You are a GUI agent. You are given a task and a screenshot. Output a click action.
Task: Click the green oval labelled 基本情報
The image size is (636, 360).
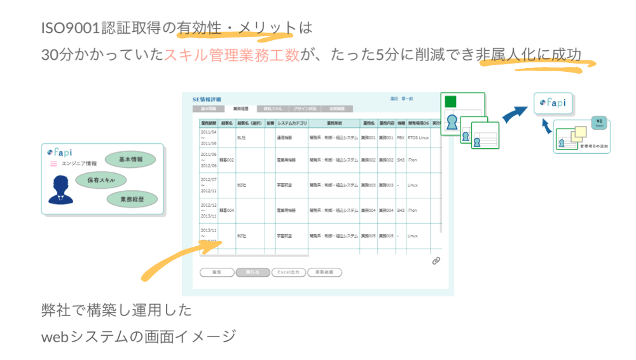pos(130,159)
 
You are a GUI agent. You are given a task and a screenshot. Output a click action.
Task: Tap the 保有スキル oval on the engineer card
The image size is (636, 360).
pos(101,180)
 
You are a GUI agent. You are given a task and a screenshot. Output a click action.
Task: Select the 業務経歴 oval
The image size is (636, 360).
pos(132,199)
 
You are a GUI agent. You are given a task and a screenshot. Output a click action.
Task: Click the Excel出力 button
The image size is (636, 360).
pos(289,272)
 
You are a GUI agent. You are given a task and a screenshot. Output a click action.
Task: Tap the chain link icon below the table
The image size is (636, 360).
pos(436,261)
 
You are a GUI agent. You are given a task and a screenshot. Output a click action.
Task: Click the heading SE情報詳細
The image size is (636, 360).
pos(207,100)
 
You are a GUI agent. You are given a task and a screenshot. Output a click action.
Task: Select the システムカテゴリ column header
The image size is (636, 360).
pos(292,123)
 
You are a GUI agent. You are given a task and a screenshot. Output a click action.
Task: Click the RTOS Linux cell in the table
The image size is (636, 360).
pos(418,137)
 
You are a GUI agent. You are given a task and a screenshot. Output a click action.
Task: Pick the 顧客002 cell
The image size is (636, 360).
pos(227,160)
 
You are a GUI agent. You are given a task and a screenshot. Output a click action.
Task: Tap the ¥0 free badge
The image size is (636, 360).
pos(598,122)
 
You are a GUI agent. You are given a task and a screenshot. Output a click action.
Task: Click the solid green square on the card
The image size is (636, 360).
pos(451,102)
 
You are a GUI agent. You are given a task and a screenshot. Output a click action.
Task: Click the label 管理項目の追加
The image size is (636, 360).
pos(593,146)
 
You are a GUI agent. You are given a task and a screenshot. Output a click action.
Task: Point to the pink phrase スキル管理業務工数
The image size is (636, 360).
pos(232,55)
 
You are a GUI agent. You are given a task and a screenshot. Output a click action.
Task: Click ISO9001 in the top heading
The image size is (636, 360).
pos(71,29)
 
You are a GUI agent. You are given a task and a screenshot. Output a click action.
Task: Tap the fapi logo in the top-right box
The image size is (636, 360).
pos(553,102)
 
